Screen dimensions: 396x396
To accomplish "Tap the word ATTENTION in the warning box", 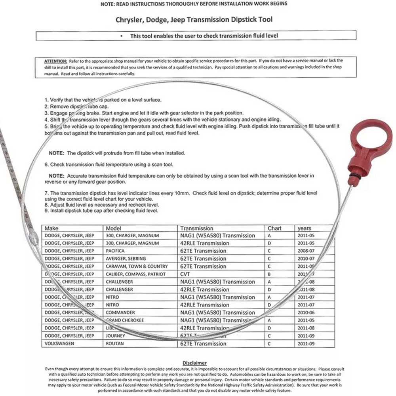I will [56, 61].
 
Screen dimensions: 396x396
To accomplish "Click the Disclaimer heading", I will [194, 363].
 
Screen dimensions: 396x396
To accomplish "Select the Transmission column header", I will [197, 228].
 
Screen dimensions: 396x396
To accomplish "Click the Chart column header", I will [274, 228].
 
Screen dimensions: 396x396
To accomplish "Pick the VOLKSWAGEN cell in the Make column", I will [59, 344].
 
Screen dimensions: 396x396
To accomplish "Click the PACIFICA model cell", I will [115, 251].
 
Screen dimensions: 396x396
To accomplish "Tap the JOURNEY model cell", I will [116, 336].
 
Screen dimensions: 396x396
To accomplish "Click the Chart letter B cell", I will [269, 274].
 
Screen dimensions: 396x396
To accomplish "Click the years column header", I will [305, 228].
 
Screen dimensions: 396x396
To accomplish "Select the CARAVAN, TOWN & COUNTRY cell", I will [137, 267].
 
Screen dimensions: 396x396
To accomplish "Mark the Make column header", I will [51, 228].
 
